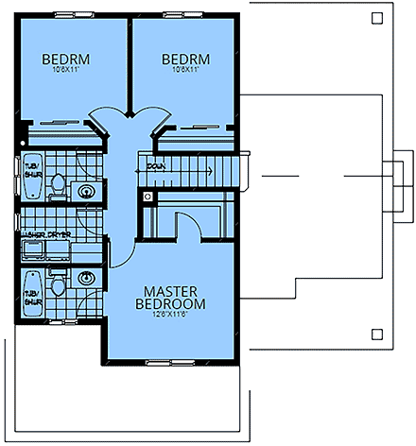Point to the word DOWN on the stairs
(156, 166)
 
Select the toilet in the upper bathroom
(59, 186)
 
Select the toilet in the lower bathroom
(59, 283)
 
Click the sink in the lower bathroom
(87, 279)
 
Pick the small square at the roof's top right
(376, 17)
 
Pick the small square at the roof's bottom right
(376, 334)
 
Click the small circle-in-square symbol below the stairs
(147, 197)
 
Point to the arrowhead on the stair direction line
(142, 166)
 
